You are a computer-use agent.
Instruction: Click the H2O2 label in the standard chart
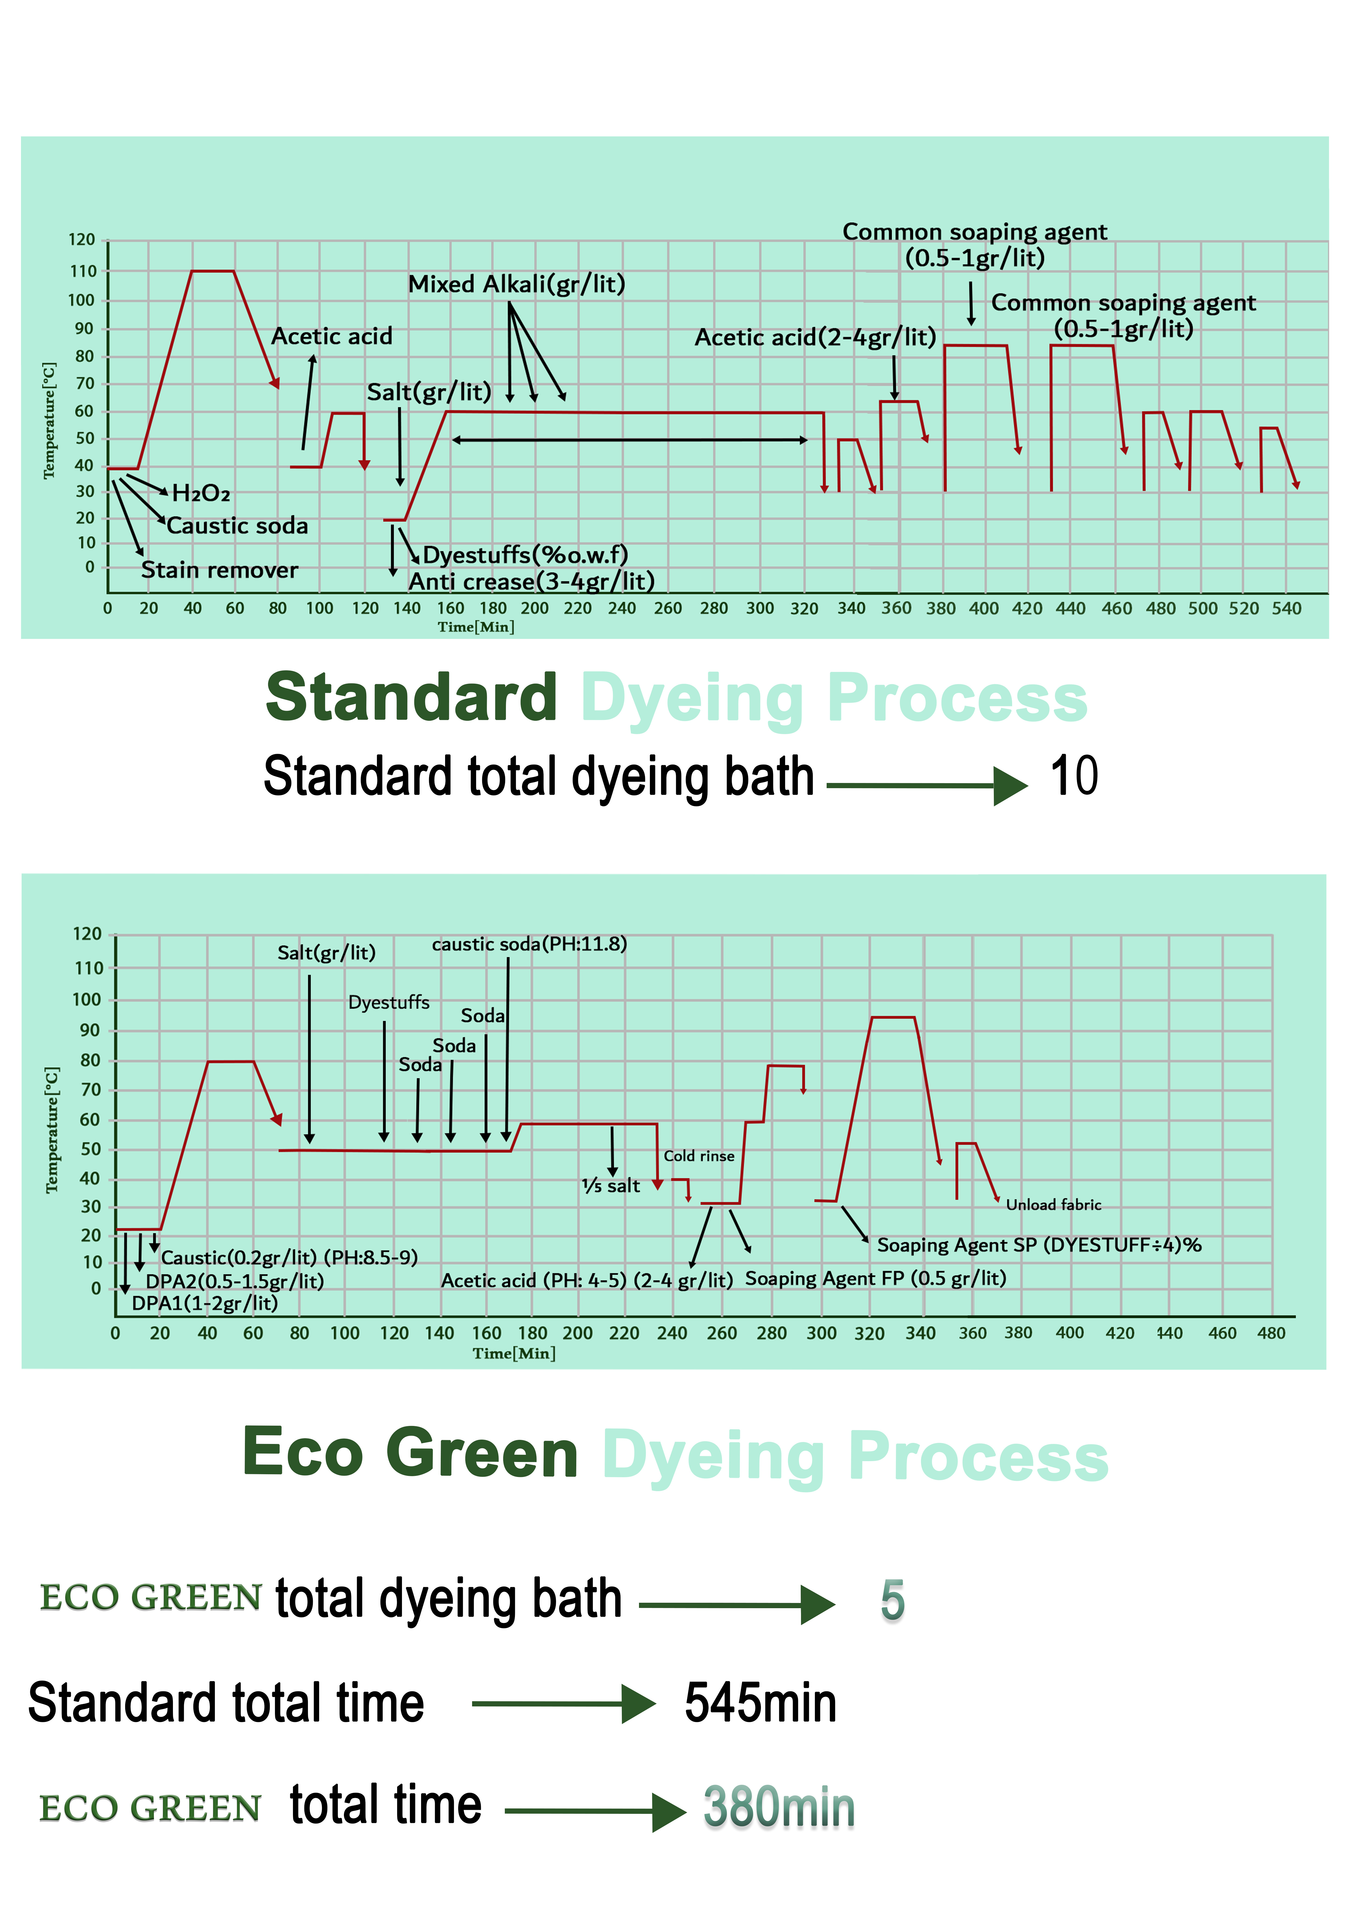(x=201, y=494)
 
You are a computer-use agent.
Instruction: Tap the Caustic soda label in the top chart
(x=238, y=526)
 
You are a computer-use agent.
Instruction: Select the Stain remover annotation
(x=219, y=570)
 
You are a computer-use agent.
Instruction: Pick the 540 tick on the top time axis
(x=1286, y=609)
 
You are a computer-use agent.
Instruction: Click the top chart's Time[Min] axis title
(x=476, y=627)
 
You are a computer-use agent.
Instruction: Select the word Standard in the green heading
(x=411, y=698)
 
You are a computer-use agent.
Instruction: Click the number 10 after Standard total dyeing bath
(x=1074, y=776)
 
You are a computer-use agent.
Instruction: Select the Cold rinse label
(x=699, y=1156)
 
